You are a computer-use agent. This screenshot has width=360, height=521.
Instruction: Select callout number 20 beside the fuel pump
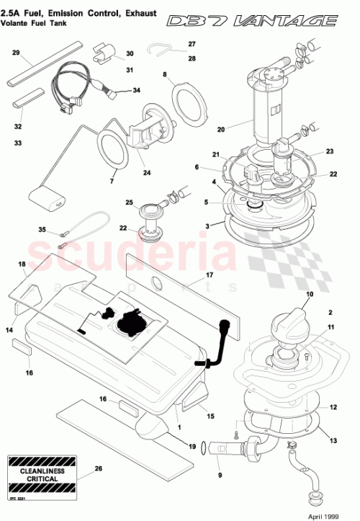pyautogui.click(x=221, y=130)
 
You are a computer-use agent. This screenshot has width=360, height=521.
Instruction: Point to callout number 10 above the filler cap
pyautogui.click(x=310, y=295)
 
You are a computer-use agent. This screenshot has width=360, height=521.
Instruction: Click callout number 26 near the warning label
pyautogui.click(x=98, y=468)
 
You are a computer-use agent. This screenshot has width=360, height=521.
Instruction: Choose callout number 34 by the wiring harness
pyautogui.click(x=137, y=92)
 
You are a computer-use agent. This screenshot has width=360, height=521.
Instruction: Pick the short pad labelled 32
pyautogui.click(x=30, y=96)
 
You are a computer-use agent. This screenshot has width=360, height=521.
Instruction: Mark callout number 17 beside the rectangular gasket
pyautogui.click(x=210, y=275)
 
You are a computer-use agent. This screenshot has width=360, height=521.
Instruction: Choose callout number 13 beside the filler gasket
pyautogui.click(x=333, y=440)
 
